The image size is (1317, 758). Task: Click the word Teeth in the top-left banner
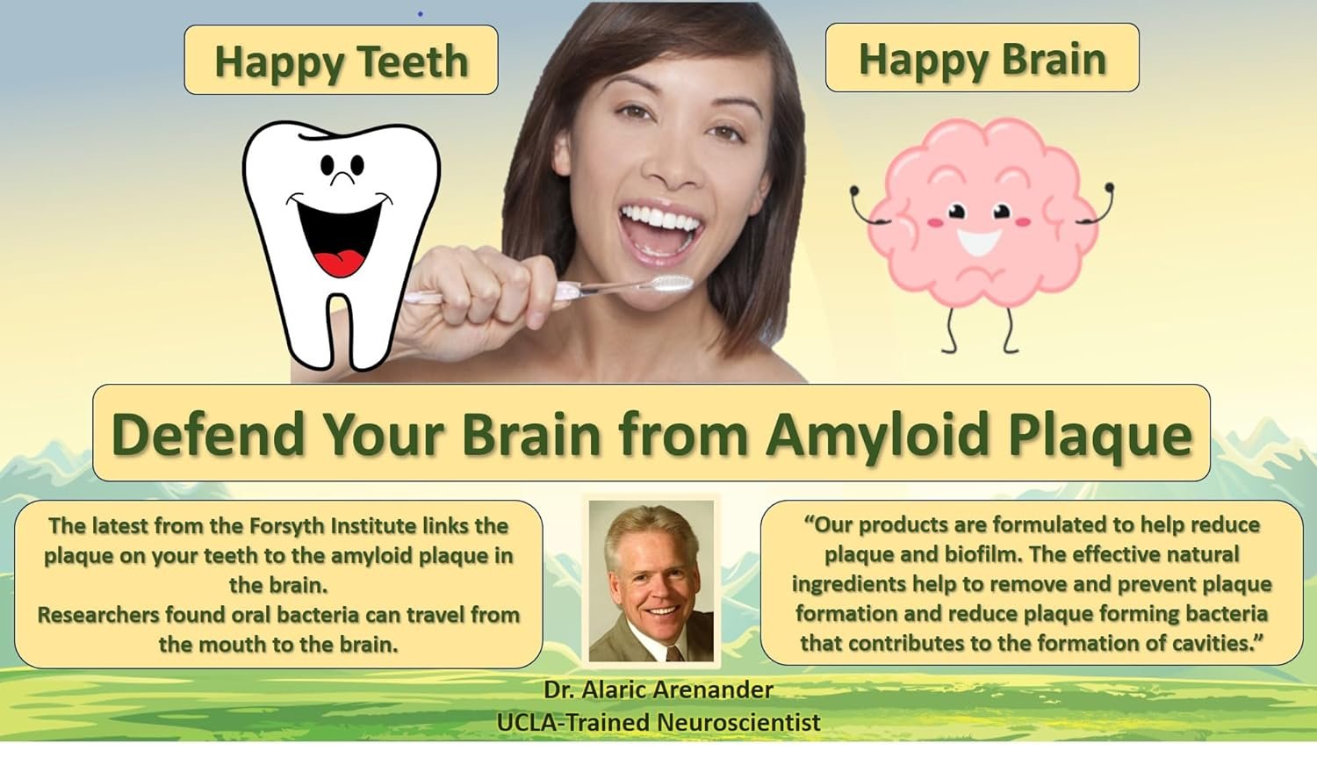413,61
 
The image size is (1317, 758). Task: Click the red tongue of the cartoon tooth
341,262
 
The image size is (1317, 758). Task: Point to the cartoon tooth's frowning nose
342,177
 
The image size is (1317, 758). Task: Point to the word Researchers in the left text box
97,615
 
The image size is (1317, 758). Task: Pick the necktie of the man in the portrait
673,653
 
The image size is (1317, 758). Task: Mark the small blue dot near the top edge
420,13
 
